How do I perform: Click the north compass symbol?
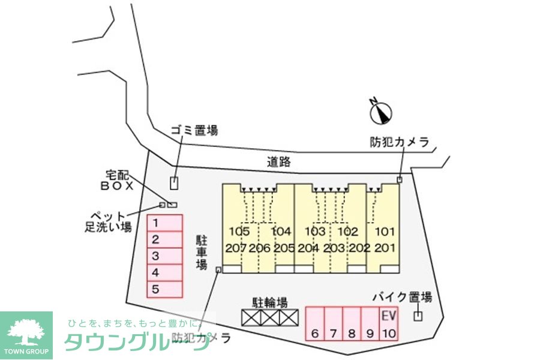[380, 111]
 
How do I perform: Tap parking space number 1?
[165, 223]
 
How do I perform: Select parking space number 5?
[165, 289]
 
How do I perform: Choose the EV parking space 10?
[389, 324]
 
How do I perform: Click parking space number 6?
[315, 325]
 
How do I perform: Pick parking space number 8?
[352, 325]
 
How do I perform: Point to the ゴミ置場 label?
[194, 130]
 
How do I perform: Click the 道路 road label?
[279, 161]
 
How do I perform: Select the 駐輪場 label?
[270, 302]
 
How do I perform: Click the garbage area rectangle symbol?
[174, 184]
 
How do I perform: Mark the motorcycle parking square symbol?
[418, 316]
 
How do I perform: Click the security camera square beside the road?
[400, 179]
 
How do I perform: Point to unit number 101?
[385, 232]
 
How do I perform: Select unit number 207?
[236, 248]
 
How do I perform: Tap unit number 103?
[315, 232]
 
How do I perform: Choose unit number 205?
[283, 248]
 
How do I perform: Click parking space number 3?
[165, 256]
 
